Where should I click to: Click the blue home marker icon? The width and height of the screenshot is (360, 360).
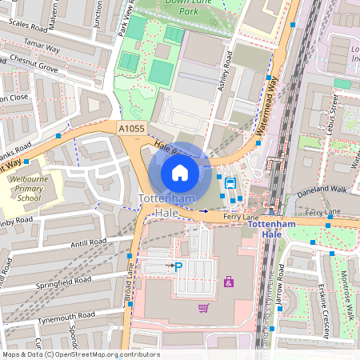[x=180, y=172]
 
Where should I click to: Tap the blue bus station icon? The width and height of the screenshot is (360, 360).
[x=231, y=182]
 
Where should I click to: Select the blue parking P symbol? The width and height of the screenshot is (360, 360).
[x=178, y=266]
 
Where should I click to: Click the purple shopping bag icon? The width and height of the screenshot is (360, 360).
[x=230, y=282]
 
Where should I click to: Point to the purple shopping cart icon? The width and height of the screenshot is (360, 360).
[x=203, y=307]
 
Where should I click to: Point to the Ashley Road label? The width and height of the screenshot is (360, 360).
[x=226, y=70]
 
